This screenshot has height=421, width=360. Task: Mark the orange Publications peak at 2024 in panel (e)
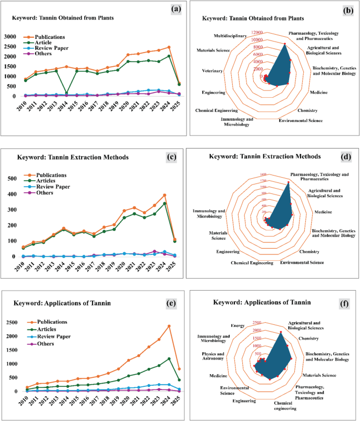coord(169,326)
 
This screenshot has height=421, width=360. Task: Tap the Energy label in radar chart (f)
coord(238,326)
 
